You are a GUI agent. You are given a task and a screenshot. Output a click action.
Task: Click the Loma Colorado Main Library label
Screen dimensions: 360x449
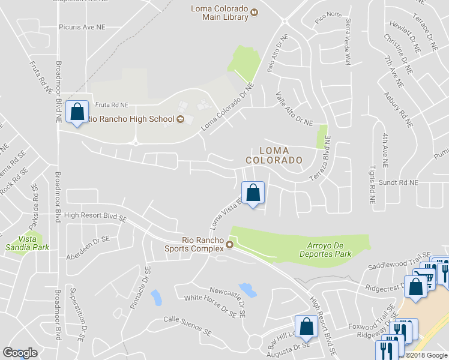pyautogui.click(x=219, y=13)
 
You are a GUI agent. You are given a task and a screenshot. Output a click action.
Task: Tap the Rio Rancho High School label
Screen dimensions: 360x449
pyautogui.click(x=130, y=119)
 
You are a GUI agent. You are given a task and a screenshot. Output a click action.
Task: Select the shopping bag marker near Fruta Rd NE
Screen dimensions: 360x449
pyautogui.click(x=77, y=112)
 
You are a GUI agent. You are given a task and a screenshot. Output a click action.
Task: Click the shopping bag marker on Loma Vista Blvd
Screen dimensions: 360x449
pyautogui.click(x=253, y=193)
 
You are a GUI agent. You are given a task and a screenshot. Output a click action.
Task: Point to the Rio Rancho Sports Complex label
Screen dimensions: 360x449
pyautogui.click(x=193, y=244)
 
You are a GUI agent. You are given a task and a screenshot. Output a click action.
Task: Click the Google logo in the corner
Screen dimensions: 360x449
pyautogui.click(x=20, y=353)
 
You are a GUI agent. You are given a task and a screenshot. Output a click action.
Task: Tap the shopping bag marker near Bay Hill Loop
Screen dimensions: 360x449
pyautogui.click(x=306, y=327)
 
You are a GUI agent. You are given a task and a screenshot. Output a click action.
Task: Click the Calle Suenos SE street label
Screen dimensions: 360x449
pyautogui.click(x=188, y=320)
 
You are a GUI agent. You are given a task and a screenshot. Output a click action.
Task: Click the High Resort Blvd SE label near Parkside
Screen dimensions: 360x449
pyautogui.click(x=95, y=216)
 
